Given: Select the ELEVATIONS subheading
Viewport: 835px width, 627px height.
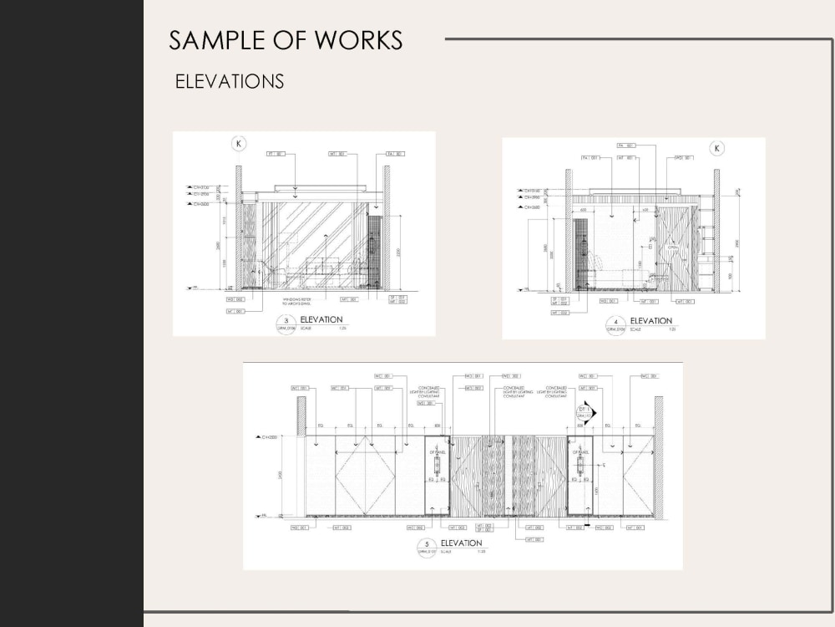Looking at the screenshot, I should (x=230, y=82).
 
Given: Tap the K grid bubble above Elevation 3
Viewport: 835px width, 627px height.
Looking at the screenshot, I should (x=240, y=144).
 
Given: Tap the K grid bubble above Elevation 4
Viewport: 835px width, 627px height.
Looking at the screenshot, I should (x=716, y=149).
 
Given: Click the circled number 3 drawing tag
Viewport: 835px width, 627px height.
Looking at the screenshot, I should (x=286, y=322).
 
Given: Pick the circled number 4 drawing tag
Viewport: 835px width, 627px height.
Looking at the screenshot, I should (x=616, y=324).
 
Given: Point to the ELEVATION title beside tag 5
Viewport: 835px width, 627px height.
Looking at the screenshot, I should (x=461, y=543).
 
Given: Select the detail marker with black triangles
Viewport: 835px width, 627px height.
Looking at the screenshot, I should (x=588, y=411).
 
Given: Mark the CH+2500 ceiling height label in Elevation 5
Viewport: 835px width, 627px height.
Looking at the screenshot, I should (x=269, y=437).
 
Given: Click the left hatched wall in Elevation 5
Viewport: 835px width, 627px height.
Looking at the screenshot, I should (x=301, y=415).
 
